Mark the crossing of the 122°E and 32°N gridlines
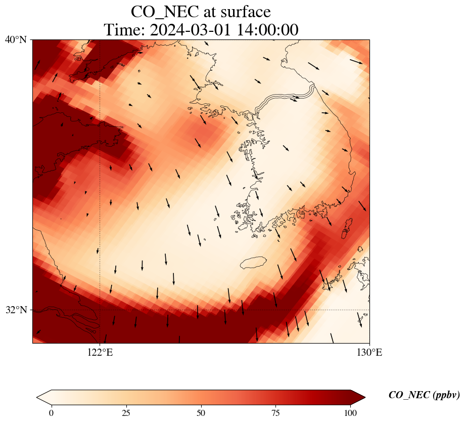pyautogui.click(x=100, y=310)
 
